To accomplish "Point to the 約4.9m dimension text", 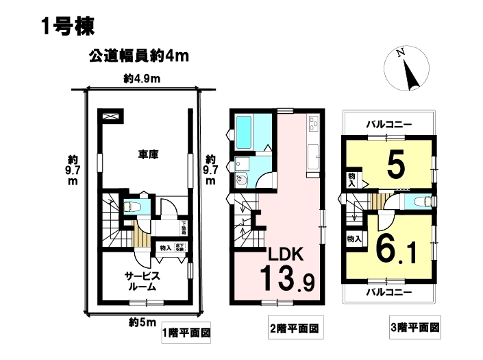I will (x=142, y=80).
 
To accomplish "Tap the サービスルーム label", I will (x=143, y=281).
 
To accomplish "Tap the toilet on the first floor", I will (x=132, y=205).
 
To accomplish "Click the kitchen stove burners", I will (x=314, y=123).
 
